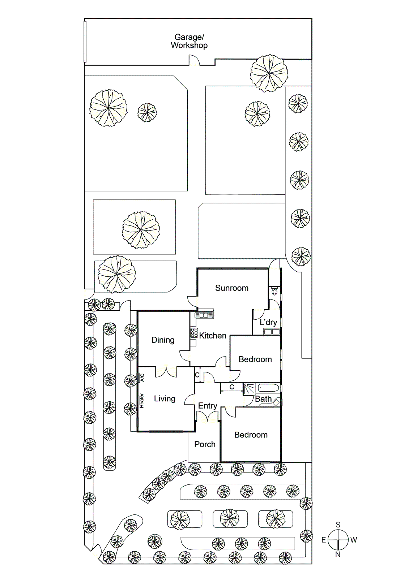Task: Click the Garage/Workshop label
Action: [189, 41]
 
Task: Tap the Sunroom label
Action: [232, 288]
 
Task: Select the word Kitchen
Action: [213, 336]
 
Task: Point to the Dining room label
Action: [163, 340]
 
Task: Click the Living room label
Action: [165, 399]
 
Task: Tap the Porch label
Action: [205, 444]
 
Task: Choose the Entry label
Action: [208, 406]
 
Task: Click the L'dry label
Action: [268, 322]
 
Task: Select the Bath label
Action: [263, 399]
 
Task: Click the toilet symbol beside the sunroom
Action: [274, 292]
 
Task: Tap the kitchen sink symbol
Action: [204, 315]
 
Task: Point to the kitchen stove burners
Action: [194, 333]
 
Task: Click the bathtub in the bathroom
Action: [268, 388]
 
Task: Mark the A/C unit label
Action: [142, 378]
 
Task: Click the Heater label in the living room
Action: [142, 401]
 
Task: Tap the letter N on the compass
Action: [338, 554]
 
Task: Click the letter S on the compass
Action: [338, 525]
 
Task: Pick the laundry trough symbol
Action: [271, 332]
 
